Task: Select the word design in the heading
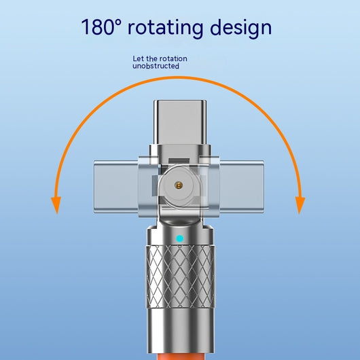[241, 28]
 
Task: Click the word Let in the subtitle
[139, 58]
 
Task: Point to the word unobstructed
[156, 66]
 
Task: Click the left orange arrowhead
[56, 204]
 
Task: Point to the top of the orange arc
[179, 78]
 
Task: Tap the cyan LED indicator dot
[180, 239]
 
